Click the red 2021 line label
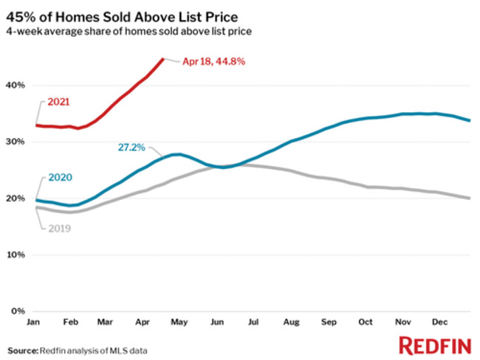(58, 102)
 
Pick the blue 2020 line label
(58, 177)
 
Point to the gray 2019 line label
(58, 229)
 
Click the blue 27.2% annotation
(131, 148)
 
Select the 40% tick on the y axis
(16, 86)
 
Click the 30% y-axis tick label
(16, 142)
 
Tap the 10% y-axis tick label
(16, 255)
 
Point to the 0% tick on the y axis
(18, 311)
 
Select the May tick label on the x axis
(177, 323)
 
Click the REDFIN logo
(432, 345)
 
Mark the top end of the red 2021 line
(163, 59)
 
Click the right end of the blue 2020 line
(470, 121)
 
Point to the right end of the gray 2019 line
(470, 198)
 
